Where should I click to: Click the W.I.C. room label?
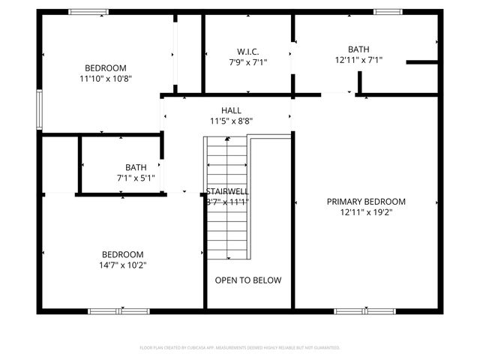tap(247, 51)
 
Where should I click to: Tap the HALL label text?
tap(230, 110)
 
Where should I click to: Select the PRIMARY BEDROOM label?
tap(366, 201)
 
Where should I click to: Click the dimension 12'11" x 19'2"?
tap(366, 212)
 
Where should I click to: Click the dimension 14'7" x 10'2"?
tap(122, 264)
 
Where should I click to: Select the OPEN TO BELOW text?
tap(248, 280)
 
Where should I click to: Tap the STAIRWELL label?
tap(228, 191)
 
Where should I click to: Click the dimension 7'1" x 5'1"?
tap(136, 178)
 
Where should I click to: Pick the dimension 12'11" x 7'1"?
tap(358, 60)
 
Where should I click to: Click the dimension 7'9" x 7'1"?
tap(247, 62)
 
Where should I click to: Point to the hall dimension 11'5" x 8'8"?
tap(230, 121)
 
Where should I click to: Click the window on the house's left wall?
tap(40, 109)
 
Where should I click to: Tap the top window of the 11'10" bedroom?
tap(88, 11)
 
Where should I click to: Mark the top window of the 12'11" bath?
tap(386, 11)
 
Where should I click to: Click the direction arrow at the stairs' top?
tap(226, 139)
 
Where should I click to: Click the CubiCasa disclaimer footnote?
tap(240, 348)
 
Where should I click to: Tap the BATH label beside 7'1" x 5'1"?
tap(136, 167)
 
